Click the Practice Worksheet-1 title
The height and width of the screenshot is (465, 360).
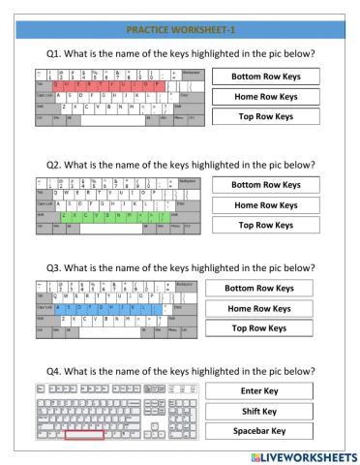[179, 30]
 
